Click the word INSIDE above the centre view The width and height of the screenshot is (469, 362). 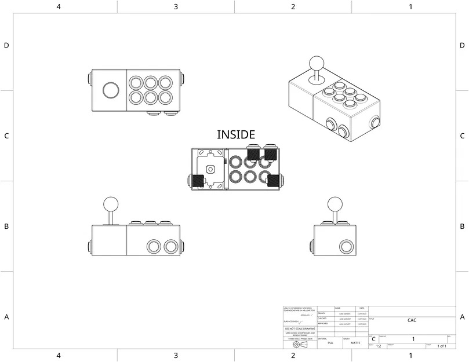tap(235, 134)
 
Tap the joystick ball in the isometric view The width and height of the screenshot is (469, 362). tap(317, 62)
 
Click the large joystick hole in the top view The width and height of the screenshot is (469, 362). tap(110, 90)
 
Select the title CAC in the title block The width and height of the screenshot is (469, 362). tap(412, 320)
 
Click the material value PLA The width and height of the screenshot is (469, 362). tap(330, 343)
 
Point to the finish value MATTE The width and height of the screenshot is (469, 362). tap(355, 343)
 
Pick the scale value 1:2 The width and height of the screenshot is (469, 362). tap(378, 346)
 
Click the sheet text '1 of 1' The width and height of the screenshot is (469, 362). tap(441, 346)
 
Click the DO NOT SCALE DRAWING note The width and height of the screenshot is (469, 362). tap(300, 328)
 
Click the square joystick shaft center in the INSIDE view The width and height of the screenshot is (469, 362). tap(210, 169)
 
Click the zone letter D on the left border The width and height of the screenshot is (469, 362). tap(6, 45)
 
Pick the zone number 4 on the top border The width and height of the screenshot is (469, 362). tap(59, 6)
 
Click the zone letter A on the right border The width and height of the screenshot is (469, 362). tap(462, 317)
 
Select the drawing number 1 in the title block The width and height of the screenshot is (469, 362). tap(413, 338)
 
